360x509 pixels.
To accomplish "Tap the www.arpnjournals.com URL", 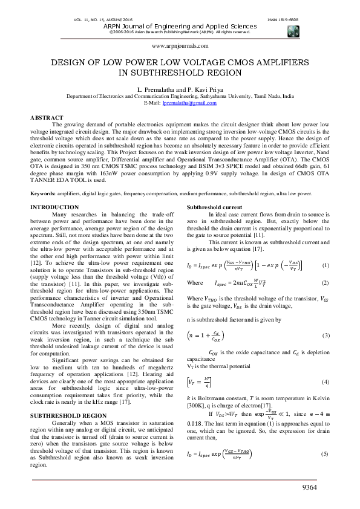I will (180, 45).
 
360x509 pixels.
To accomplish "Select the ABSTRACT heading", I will (47, 117).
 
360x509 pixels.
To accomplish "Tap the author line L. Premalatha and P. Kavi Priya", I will (180, 89).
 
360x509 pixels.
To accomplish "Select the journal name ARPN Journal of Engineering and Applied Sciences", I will (180, 27).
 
